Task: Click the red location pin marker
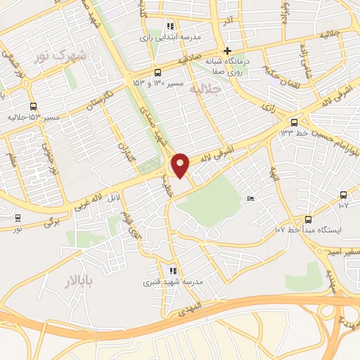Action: tap(181, 165)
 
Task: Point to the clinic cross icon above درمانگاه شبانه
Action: tap(226, 51)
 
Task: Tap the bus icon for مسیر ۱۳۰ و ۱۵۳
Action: tap(157, 72)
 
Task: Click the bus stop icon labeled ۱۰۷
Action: tap(343, 195)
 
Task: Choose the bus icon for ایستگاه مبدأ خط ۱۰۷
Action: tap(308, 219)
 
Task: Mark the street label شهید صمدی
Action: tap(153, 122)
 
